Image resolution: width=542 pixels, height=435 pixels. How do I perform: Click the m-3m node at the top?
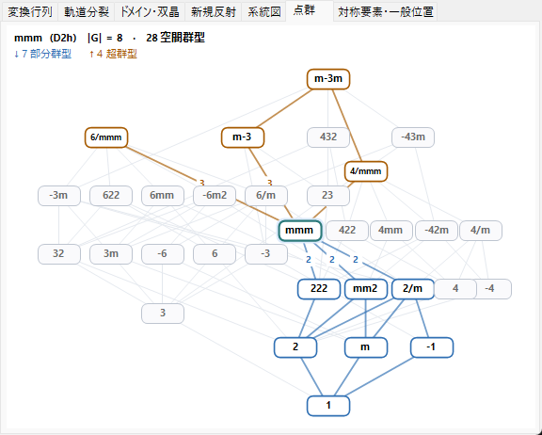[x=328, y=79]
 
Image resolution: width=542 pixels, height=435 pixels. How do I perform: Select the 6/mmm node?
[x=106, y=137]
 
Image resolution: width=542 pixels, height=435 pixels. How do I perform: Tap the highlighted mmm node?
[x=300, y=231]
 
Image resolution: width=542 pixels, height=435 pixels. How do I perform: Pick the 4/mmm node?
[x=366, y=171]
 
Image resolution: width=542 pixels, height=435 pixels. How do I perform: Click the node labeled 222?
[x=319, y=289]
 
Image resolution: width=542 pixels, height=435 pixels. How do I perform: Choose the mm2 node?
[x=366, y=289]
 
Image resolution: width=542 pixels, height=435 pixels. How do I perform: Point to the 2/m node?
[x=413, y=289]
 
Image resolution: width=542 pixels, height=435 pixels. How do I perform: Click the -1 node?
[x=432, y=347]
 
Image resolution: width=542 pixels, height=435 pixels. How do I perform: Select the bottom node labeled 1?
[x=328, y=406]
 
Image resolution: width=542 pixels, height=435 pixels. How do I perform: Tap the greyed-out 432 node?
[x=328, y=137]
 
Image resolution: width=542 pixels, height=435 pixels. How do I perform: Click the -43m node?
[x=413, y=137]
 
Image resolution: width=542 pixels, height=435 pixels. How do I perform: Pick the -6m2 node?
[x=215, y=196]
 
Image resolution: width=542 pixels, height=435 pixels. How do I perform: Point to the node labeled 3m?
[x=111, y=254]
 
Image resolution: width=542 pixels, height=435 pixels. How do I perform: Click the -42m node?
[x=437, y=231]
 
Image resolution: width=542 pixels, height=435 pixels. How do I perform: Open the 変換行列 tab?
[x=30, y=12]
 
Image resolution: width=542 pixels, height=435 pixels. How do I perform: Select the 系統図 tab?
[x=264, y=12]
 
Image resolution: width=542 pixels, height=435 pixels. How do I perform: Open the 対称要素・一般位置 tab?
[x=386, y=12]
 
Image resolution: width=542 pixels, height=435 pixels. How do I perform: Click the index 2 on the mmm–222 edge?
[x=309, y=260]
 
